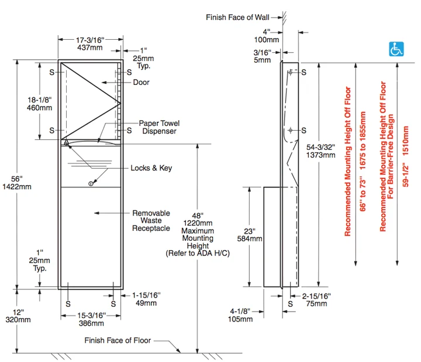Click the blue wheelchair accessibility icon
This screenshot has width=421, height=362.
396,49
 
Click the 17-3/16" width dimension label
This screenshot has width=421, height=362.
90,44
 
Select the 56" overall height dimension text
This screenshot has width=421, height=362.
17,183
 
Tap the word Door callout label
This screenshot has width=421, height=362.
142,82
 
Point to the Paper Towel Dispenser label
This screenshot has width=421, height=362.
159,127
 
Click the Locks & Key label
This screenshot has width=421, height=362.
151,168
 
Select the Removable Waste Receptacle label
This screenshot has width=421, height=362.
151,220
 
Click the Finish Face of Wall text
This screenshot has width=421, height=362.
237,17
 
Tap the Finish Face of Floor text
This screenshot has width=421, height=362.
118,340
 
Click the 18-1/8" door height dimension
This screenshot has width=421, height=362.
40,104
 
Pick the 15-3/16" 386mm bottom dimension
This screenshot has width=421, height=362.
91,319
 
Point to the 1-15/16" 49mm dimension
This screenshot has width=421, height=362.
146,299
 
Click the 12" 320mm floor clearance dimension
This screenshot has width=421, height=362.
18,316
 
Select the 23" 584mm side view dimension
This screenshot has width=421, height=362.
250,235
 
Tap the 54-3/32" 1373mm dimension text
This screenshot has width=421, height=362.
321,151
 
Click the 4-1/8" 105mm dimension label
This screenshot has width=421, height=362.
240,315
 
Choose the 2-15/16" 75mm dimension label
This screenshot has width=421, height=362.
316,300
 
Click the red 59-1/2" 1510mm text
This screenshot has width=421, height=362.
406,156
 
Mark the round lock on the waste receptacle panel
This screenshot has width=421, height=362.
91,184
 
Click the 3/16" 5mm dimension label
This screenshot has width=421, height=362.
263,56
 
